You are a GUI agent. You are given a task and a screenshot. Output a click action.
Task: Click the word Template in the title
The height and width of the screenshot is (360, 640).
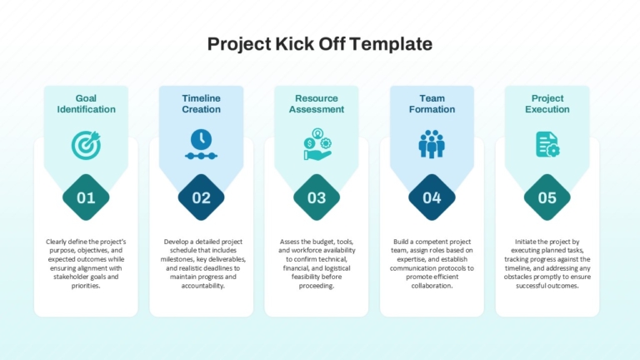391,44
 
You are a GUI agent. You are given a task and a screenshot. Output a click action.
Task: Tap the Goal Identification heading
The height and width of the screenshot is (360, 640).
86,103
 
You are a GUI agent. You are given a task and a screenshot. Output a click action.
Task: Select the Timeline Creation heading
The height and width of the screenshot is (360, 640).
201,103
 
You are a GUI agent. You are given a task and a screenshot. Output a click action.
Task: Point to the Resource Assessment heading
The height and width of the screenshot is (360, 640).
317,103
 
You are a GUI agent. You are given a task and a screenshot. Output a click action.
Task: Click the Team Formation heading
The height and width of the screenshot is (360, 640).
432,103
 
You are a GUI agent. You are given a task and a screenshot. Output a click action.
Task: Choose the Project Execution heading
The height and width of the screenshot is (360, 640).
547,103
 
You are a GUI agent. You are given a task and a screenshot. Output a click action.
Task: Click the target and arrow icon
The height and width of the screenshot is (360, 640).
86,145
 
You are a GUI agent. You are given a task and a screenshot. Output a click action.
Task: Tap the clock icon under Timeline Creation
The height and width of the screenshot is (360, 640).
201,144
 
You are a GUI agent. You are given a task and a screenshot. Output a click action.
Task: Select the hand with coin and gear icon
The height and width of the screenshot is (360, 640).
317,144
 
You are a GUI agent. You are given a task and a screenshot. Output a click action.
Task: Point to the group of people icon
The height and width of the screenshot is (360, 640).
432,144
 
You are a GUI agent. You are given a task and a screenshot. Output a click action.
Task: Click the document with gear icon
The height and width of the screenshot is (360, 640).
547,144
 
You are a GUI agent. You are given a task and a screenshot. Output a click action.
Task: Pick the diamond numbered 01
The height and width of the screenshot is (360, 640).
86,197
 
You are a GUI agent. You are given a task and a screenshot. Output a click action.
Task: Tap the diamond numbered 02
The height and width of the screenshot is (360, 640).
201,197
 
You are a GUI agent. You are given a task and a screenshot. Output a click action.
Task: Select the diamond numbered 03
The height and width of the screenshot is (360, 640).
317,197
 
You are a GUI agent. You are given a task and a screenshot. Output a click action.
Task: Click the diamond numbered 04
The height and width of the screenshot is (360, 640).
432,197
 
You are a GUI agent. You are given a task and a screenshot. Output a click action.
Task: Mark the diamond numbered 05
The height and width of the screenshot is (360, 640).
547,197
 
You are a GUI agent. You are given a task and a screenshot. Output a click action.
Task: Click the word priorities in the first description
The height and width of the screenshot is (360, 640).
85,286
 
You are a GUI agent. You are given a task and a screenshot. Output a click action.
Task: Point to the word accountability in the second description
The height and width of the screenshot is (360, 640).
202,286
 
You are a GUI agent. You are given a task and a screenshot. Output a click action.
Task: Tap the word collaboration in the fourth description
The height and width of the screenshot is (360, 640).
431,286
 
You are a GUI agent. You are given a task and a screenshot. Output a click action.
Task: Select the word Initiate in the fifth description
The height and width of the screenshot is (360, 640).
525,242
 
